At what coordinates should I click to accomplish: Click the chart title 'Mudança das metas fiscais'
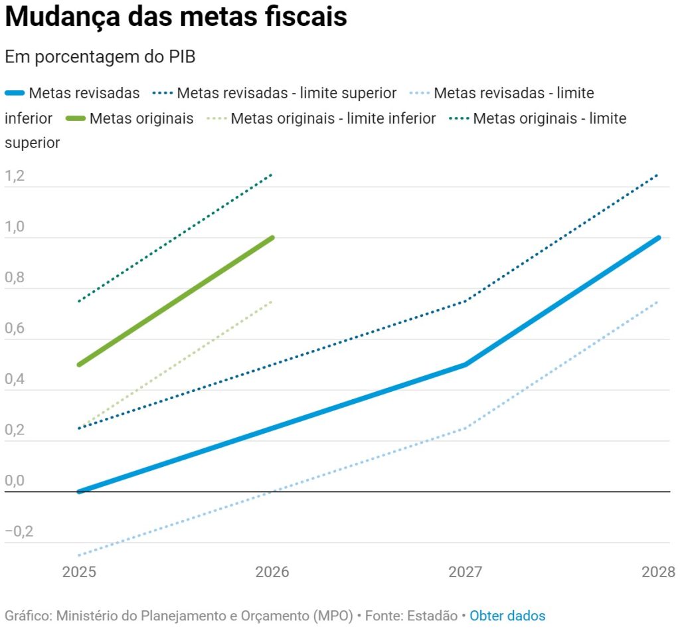click(176, 17)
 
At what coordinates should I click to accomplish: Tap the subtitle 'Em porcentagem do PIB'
click(100, 57)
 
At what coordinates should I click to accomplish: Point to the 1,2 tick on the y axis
click(14, 177)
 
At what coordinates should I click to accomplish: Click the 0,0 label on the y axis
click(14, 482)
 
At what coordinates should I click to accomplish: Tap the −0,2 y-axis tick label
click(19, 532)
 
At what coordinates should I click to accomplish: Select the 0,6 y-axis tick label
click(14, 329)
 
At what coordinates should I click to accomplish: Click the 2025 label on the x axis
click(79, 572)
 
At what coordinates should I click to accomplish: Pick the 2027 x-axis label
click(465, 572)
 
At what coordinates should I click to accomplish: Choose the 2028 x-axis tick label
click(658, 572)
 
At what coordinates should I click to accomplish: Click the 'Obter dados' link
click(507, 616)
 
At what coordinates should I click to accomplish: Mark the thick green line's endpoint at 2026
click(272, 238)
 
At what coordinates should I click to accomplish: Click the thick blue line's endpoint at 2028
click(658, 238)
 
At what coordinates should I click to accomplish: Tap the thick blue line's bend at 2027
click(465, 365)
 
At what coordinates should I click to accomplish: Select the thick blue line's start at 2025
click(79, 492)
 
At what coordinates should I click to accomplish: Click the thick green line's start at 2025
click(79, 365)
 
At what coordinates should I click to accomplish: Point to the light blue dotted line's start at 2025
click(79, 555)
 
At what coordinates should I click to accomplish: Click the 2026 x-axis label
click(272, 572)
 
